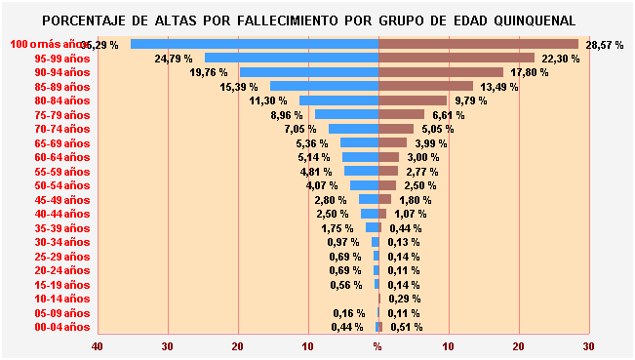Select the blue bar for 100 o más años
[255, 44]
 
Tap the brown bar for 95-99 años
[456, 58]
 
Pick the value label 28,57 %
[604, 45]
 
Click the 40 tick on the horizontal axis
[98, 345]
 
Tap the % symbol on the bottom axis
[378, 345]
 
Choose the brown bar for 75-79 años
[401, 114]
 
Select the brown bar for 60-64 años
[388, 157]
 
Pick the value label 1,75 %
[337, 228]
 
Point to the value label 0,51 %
[406, 327]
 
